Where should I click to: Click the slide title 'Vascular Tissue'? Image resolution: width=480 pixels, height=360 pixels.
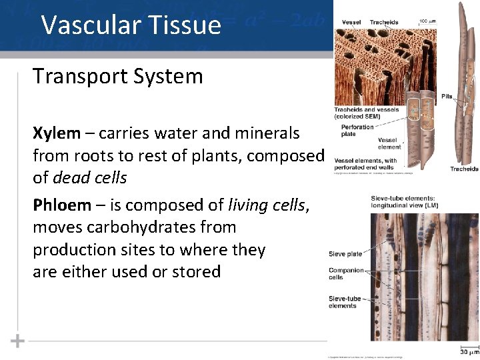pos(131,25)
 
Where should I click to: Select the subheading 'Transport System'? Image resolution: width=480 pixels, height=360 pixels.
pos(117,77)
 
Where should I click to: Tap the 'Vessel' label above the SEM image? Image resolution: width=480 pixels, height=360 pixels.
pos(351,22)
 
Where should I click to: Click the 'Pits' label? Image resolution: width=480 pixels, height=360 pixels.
pos(446,96)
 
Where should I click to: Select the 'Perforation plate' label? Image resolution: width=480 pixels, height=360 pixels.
pos(357,130)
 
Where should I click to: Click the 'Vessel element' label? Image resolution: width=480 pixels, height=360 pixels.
pos(389,143)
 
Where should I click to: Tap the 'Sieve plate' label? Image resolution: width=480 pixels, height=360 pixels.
pos(345,253)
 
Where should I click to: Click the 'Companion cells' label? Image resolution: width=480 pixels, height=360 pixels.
pos(346,274)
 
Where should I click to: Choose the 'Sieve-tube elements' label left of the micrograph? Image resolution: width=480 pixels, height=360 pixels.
pos(345,302)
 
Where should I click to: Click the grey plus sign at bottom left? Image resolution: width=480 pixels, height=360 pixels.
pos(17,341)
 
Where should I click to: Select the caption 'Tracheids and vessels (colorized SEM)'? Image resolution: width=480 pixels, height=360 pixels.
pos(366,113)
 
